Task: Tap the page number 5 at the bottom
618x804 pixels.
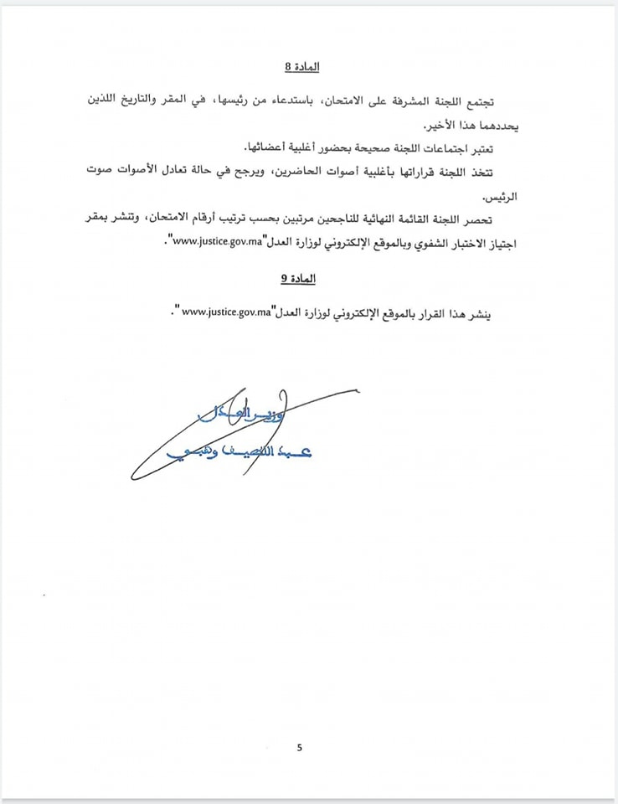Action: click(x=299, y=747)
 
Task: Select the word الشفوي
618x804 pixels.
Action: click(x=402, y=244)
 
